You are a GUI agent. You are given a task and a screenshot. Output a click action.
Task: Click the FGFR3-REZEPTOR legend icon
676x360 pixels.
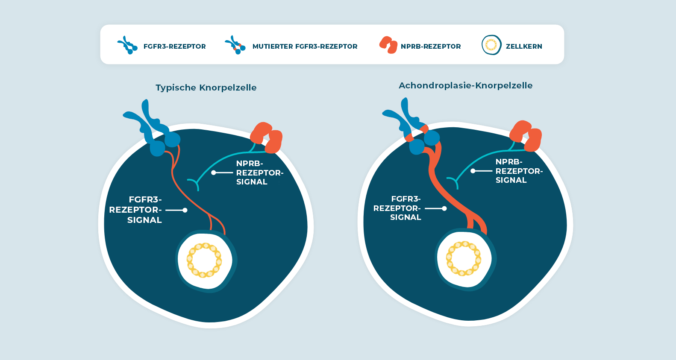[127, 45]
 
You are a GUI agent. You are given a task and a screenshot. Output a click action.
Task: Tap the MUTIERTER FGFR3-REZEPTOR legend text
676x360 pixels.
[305, 47]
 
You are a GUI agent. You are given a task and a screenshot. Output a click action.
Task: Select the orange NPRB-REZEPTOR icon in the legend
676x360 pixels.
[388, 45]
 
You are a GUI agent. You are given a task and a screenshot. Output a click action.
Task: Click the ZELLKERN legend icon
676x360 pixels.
[491, 45]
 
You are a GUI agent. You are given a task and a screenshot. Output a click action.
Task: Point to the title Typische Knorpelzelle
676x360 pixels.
[206, 88]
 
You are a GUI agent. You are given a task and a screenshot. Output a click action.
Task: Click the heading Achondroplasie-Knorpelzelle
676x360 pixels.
[465, 85]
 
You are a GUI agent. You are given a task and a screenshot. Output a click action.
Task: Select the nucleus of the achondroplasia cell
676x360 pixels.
[464, 258]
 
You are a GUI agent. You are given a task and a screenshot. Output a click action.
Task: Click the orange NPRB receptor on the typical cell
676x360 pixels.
[266, 138]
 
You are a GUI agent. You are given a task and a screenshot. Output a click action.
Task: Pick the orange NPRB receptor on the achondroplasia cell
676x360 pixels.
[525, 136]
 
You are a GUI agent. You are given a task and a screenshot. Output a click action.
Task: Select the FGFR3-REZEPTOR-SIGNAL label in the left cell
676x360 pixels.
[136, 210]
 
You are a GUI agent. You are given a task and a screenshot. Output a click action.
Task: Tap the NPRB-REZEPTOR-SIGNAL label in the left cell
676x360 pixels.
[259, 173]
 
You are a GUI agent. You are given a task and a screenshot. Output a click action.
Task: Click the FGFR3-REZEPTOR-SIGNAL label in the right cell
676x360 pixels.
[397, 208]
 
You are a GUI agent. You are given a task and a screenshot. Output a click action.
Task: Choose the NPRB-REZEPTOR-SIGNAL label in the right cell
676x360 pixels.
[519, 171]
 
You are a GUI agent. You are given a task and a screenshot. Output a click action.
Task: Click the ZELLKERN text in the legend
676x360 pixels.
[524, 47]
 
